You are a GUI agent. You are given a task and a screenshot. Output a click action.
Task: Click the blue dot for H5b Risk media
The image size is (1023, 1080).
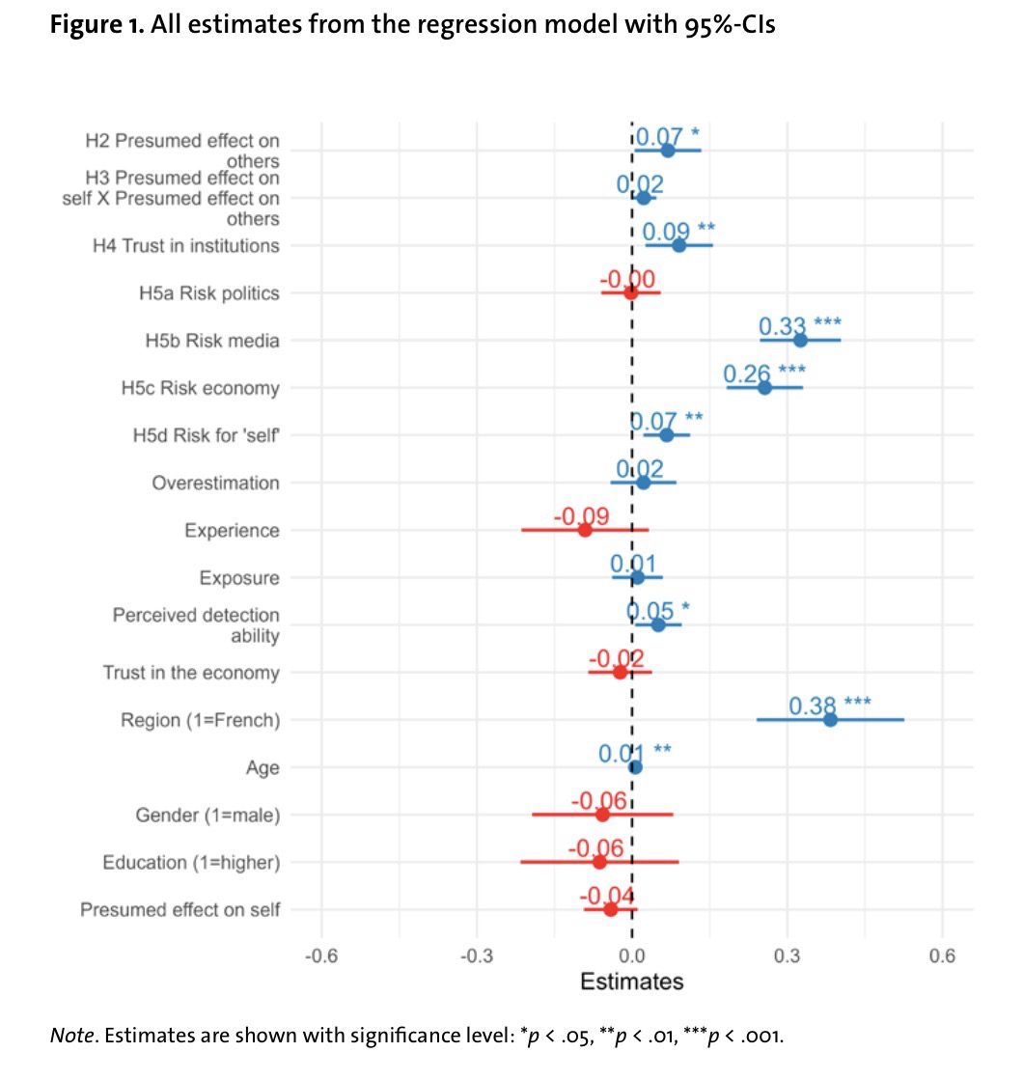pos(800,340)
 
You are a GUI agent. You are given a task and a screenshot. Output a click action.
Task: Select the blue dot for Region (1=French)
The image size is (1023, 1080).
pos(830,720)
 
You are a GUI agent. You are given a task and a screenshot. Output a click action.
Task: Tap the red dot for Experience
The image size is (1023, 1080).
pos(585,530)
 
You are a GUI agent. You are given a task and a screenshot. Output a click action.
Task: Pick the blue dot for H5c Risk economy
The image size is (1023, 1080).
pos(764,388)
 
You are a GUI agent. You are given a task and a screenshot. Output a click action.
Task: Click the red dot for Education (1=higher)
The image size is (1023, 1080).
pos(599,862)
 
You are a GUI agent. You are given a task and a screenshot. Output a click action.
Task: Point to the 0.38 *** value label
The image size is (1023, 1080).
pos(829,706)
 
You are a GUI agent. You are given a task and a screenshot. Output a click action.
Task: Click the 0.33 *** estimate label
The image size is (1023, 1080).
pos(799,325)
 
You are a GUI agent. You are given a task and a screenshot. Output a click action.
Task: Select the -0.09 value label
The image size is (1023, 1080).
pos(581,516)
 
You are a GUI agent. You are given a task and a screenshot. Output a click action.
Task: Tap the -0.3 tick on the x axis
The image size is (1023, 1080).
pos(477,955)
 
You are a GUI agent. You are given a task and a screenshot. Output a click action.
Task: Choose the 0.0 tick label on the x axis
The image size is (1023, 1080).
pos(632,955)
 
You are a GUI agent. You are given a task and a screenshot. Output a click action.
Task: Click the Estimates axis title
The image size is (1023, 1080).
pos(632,982)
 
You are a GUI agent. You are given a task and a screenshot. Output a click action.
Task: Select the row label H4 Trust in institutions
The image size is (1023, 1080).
pos(186,246)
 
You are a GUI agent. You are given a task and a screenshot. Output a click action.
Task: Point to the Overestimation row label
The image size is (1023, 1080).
pos(215,483)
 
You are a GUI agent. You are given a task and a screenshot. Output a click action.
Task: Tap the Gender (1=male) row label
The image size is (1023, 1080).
pos(207,816)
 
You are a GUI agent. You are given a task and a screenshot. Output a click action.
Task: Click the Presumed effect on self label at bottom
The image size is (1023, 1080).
pos(180,910)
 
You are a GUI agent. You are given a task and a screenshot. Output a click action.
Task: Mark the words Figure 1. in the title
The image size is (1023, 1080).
pos(94,24)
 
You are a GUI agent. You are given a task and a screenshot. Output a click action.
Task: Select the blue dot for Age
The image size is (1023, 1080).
pos(635,767)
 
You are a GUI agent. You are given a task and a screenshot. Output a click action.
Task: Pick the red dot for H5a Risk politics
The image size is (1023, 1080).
pos(631,292)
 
